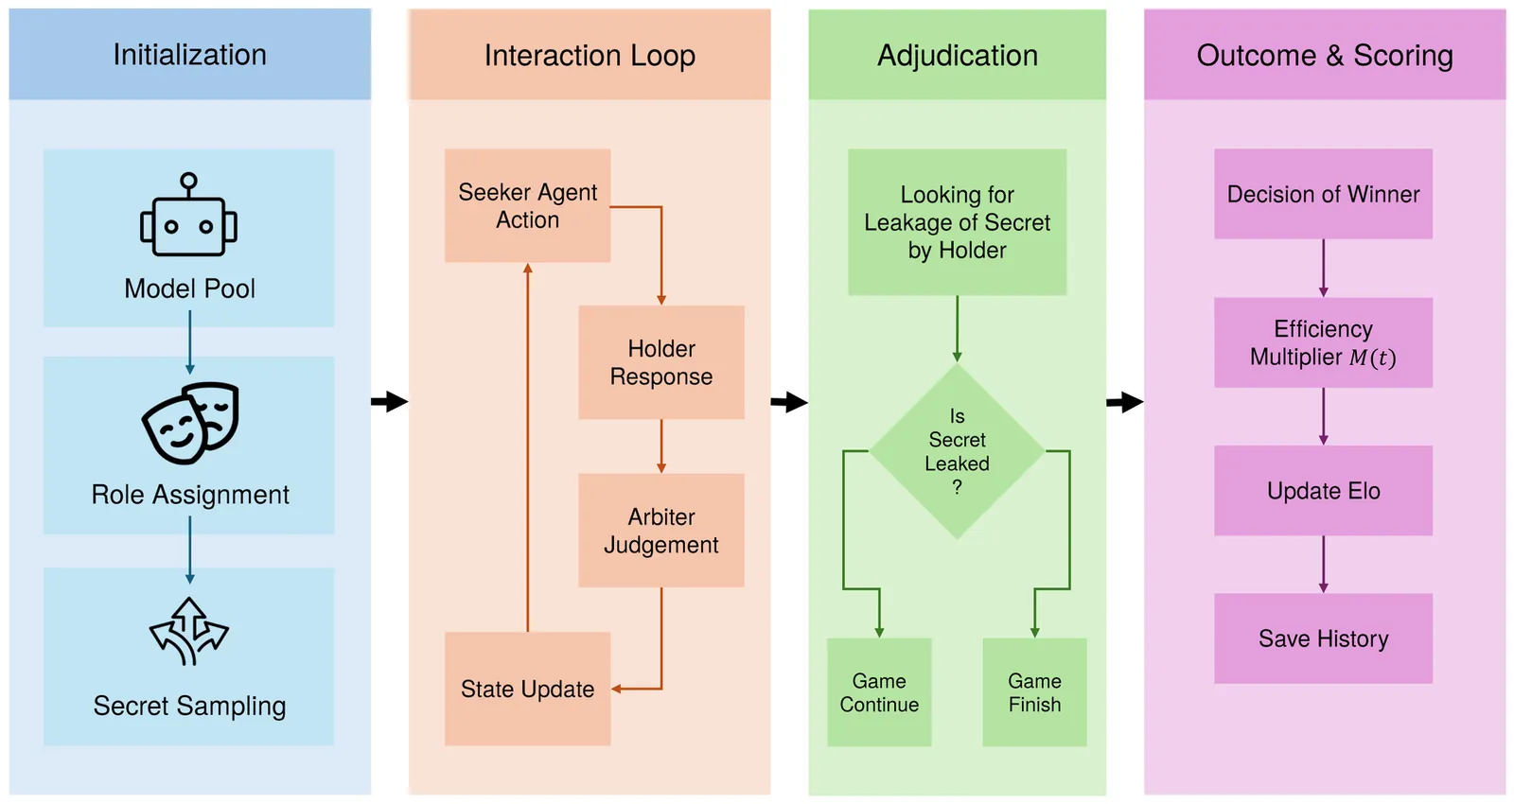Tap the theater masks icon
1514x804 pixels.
click(x=190, y=422)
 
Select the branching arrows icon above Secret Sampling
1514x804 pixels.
click(x=189, y=631)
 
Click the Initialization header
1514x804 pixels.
click(x=189, y=55)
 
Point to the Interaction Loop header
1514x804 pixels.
click(x=590, y=56)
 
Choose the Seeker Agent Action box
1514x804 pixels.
click(x=527, y=205)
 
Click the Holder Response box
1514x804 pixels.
click(x=661, y=362)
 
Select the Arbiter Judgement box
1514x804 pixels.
click(x=661, y=531)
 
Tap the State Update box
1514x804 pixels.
click(x=527, y=689)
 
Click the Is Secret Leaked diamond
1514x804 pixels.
click(x=957, y=452)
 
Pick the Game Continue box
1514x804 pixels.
click(x=879, y=692)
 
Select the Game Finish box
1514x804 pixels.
click(x=1034, y=692)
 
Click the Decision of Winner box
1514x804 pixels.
click(x=1323, y=194)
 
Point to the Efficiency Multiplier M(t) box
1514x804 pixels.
click(x=1323, y=342)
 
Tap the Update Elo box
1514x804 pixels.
click(x=1323, y=491)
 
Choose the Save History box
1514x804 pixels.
click(x=1323, y=638)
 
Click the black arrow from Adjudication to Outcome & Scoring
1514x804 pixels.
click(x=1124, y=402)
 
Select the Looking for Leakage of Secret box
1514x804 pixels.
click(x=957, y=222)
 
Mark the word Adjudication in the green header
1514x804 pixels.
click(x=957, y=56)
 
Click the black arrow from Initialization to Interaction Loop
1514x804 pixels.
click(x=389, y=401)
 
